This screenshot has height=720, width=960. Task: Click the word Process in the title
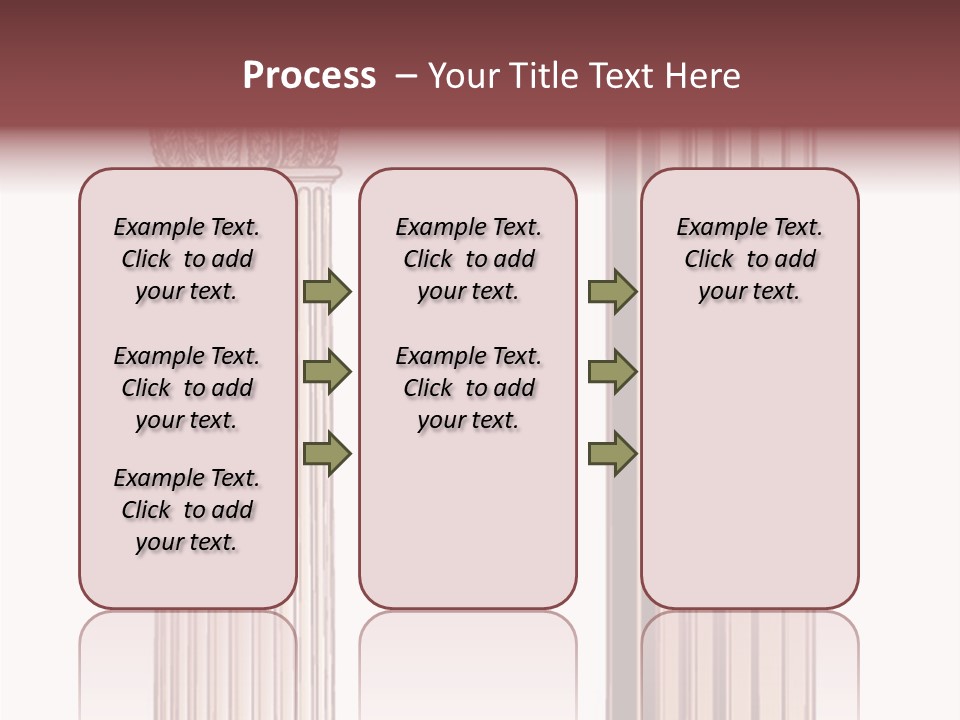click(x=309, y=76)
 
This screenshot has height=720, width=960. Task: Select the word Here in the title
click(x=704, y=76)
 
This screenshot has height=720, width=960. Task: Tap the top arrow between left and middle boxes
click(x=327, y=292)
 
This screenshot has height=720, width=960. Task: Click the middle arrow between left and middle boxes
click(x=327, y=372)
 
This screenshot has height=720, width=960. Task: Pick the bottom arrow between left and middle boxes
click(x=327, y=454)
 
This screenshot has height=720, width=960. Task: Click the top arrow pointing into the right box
click(x=612, y=292)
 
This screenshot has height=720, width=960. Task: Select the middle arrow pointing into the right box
click(x=612, y=372)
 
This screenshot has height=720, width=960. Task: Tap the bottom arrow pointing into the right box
click(x=612, y=454)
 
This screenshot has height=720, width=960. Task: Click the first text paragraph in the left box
click(x=187, y=259)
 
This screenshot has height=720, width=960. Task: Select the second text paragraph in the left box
click(x=187, y=388)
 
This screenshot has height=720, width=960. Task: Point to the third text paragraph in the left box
click(x=187, y=510)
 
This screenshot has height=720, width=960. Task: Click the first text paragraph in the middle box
click(x=468, y=259)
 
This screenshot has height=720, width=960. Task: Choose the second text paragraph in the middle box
click(x=468, y=388)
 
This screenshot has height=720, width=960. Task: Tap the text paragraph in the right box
click(x=749, y=259)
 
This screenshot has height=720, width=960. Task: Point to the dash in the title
click(x=406, y=77)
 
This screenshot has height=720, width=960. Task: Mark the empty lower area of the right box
click(x=749, y=470)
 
